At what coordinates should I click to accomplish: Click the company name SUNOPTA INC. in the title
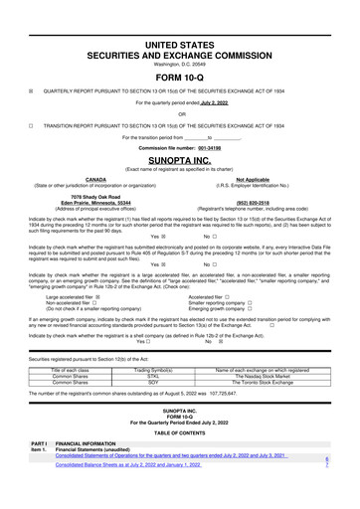tap(180, 157)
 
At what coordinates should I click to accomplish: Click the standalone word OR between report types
tap(180, 112)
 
